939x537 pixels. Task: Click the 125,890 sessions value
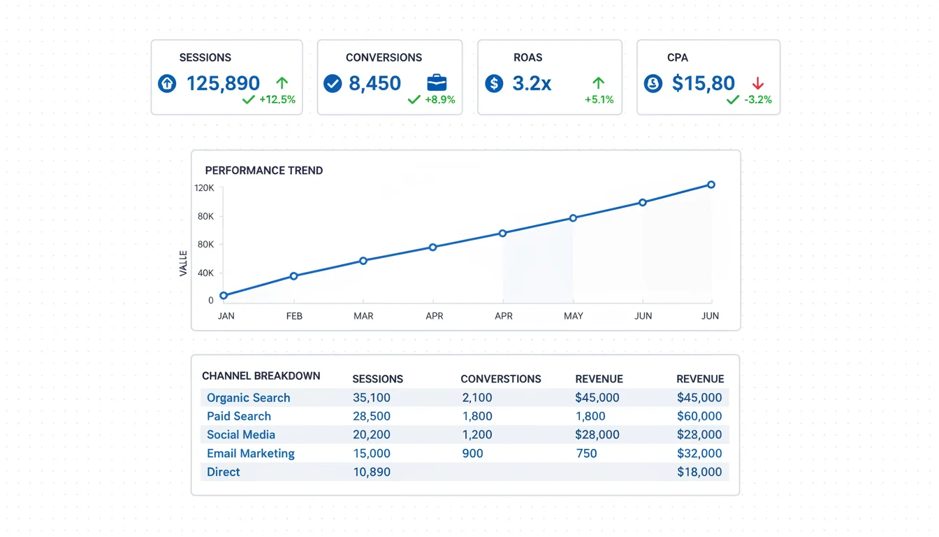(x=223, y=84)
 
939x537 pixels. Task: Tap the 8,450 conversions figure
(x=374, y=84)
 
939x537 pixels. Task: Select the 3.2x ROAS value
(x=532, y=84)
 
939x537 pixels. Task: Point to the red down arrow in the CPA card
(x=758, y=84)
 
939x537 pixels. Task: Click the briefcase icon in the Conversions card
(x=437, y=83)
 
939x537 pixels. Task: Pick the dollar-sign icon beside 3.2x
(x=494, y=84)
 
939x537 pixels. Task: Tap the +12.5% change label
(x=277, y=99)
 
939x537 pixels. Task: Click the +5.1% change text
(x=599, y=99)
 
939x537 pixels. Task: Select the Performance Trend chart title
(x=264, y=171)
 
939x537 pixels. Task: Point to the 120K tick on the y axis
(x=204, y=188)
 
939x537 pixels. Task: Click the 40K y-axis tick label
(x=205, y=273)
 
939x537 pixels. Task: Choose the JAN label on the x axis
(x=226, y=316)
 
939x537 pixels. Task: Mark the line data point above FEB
(x=294, y=276)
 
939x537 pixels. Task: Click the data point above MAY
(x=574, y=218)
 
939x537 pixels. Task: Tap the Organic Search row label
(x=249, y=398)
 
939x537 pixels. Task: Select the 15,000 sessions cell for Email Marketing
(x=372, y=453)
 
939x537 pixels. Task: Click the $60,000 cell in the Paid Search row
(x=699, y=416)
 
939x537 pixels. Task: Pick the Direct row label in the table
(x=224, y=472)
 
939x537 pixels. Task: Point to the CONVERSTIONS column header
(x=501, y=379)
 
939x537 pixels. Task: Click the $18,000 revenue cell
(x=699, y=472)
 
